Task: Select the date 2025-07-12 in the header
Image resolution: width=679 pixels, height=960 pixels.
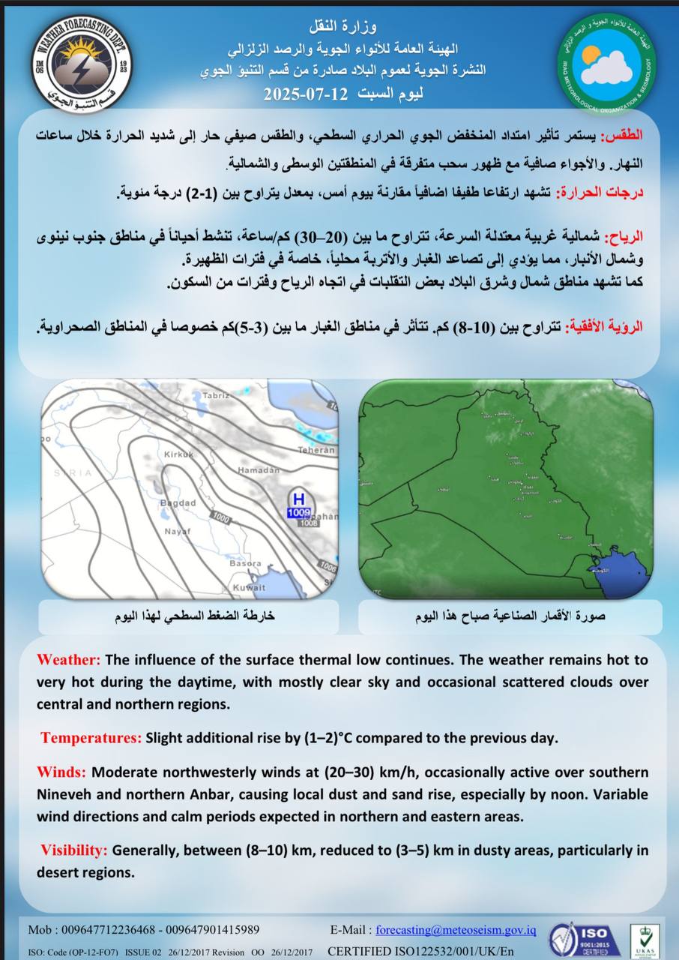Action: [306, 94]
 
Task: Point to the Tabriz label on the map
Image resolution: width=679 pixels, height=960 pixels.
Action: [214, 395]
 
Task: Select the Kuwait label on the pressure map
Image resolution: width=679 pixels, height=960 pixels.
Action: [249, 586]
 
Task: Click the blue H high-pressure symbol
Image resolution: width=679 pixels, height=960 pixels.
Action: [298, 499]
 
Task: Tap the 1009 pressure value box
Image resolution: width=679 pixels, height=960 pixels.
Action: [298, 513]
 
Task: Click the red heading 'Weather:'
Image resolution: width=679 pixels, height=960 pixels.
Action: [68, 660]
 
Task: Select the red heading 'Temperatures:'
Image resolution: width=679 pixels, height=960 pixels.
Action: [91, 738]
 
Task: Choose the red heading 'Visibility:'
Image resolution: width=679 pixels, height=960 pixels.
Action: [74, 850]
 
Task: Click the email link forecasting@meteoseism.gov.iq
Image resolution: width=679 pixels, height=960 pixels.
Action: [456, 930]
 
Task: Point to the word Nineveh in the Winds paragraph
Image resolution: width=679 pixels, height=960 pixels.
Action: [62, 793]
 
